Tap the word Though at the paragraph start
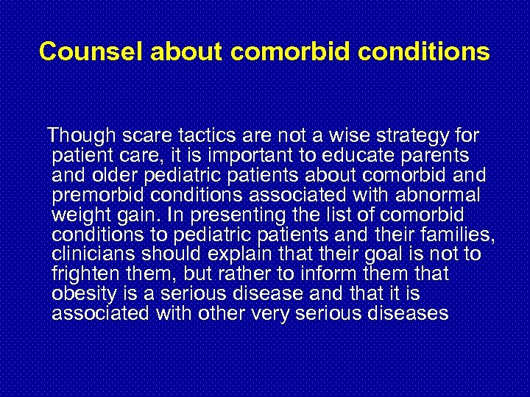79,137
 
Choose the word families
461,236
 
